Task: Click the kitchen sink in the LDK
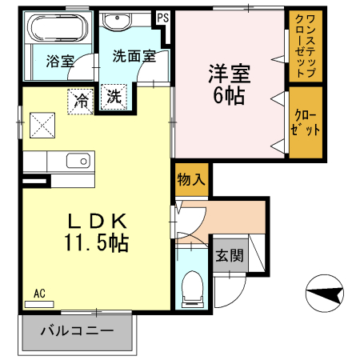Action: (78, 161)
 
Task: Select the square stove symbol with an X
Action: (42, 126)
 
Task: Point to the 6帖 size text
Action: (230, 97)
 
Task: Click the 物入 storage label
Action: (192, 178)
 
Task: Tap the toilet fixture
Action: (193, 286)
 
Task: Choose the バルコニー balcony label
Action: (76, 330)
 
